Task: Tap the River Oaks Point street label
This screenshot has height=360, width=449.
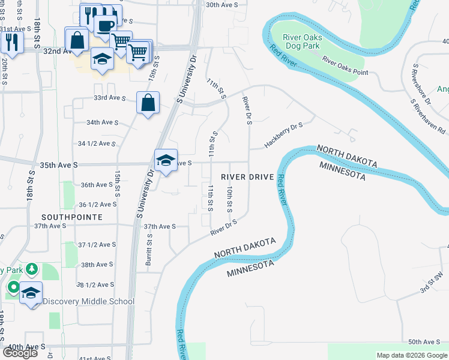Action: point(345,65)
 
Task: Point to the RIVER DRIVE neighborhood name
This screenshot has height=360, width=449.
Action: point(247,177)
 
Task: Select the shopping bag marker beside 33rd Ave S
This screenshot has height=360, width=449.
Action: point(148,103)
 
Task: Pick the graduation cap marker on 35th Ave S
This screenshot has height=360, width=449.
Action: point(166,160)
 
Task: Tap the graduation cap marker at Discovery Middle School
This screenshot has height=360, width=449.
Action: point(31,293)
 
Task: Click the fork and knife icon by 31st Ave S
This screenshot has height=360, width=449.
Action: point(11,41)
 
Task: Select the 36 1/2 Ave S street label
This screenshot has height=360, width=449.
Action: point(96,205)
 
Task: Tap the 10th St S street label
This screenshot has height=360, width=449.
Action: point(229,199)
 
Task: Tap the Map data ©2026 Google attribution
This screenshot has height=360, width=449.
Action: point(411,355)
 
